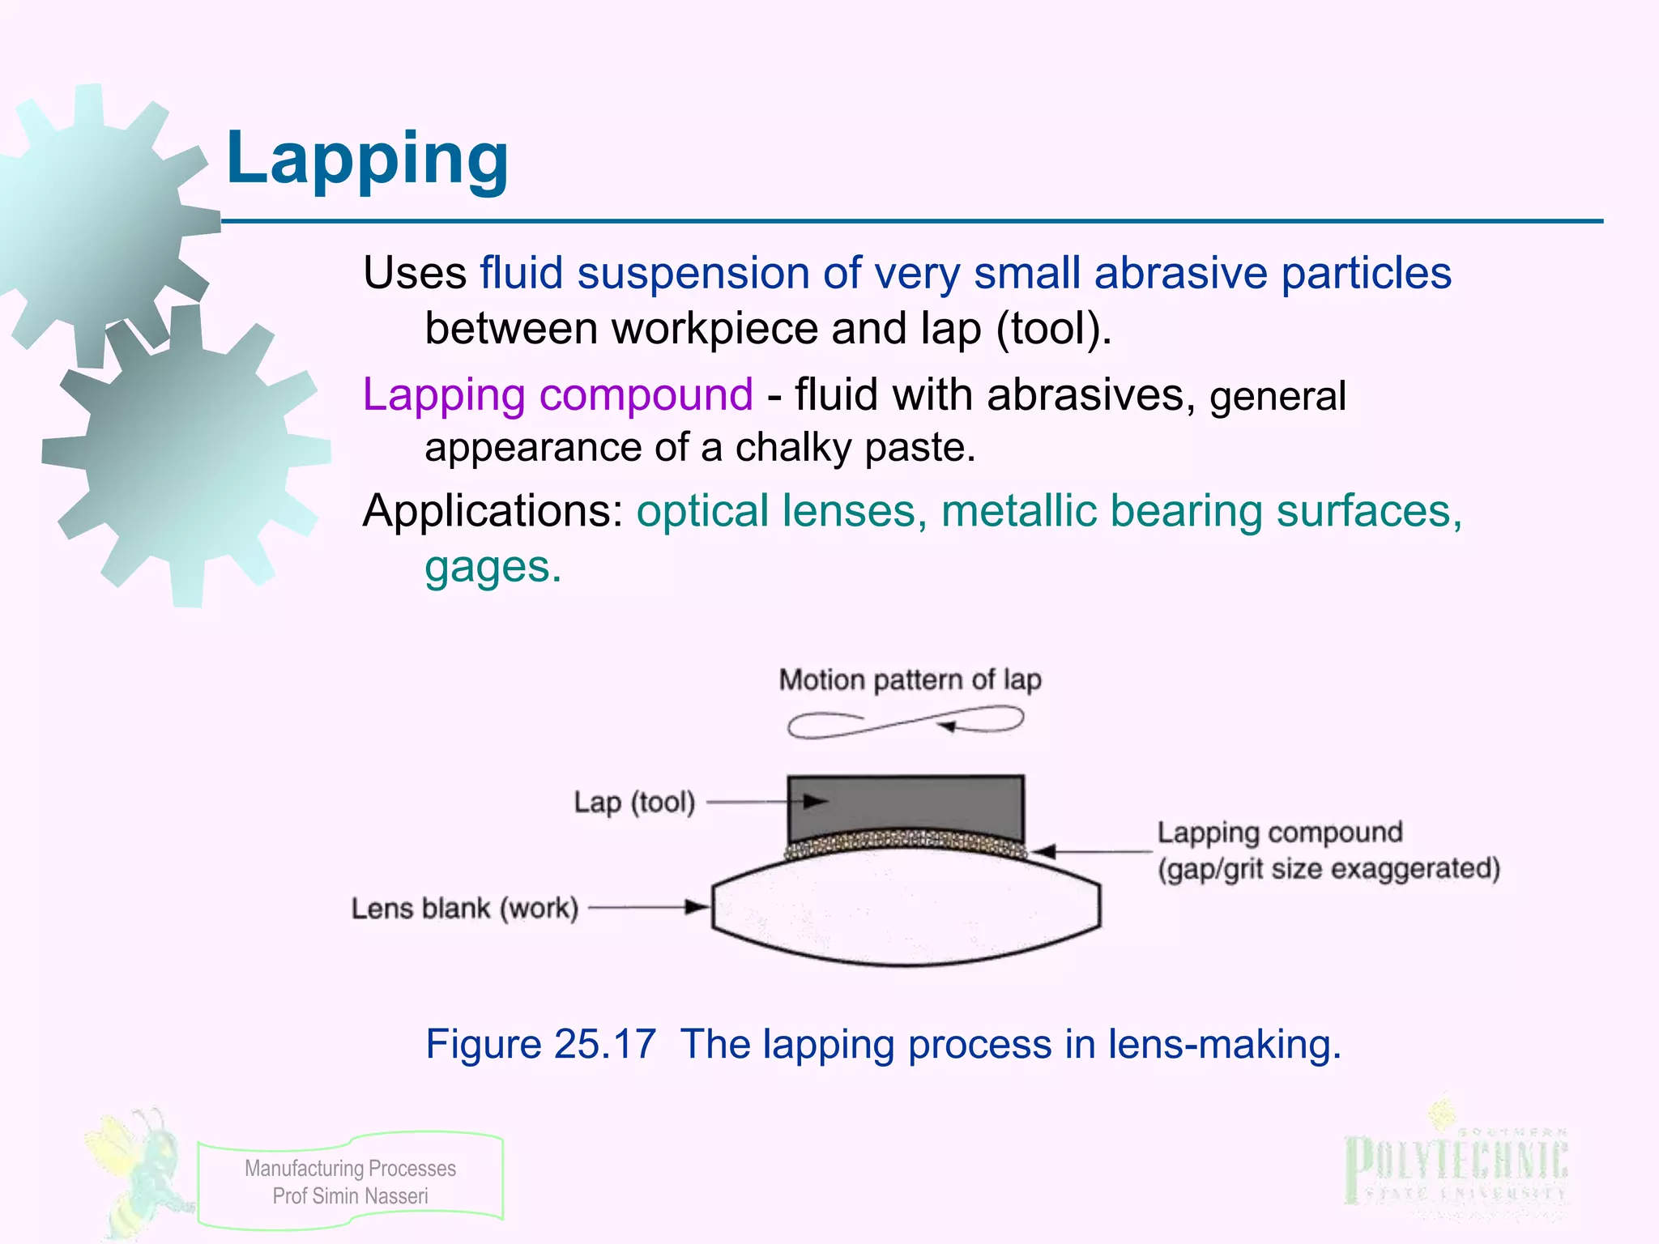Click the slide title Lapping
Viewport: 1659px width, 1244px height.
pyautogui.click(x=367, y=159)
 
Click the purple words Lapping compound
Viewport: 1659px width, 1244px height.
pyautogui.click(x=557, y=395)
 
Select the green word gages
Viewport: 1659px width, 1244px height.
pyautogui.click(x=493, y=566)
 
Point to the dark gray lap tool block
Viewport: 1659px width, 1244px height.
pyautogui.click(x=905, y=806)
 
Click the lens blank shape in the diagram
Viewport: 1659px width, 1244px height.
pyautogui.click(x=905, y=911)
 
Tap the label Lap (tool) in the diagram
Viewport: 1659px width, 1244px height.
pyautogui.click(x=634, y=803)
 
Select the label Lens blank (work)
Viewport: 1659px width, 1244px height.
pyautogui.click(x=465, y=909)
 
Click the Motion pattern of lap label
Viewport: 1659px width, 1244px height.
pyautogui.click(x=910, y=680)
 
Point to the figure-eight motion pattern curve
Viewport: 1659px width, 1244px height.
pyautogui.click(x=905, y=722)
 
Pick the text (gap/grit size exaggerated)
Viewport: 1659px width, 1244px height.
pyautogui.click(x=1328, y=869)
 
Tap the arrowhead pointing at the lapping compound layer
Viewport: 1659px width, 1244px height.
pyautogui.click(x=1045, y=851)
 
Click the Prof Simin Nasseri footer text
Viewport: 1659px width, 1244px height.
pyautogui.click(x=350, y=1196)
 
